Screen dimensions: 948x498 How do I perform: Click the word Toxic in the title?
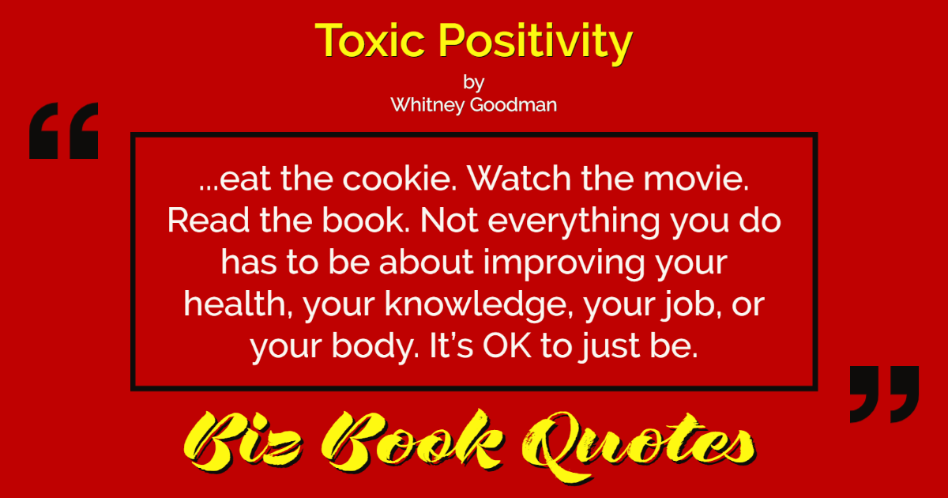coord(370,40)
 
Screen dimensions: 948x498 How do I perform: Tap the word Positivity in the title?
coord(536,43)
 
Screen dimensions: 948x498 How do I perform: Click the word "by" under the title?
coord(473,82)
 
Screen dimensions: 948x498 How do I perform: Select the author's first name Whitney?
coord(427,105)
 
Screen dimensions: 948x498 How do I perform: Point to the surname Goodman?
coord(513,104)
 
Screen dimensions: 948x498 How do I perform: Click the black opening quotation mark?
coord(63,131)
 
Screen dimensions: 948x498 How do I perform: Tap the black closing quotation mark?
coord(884,394)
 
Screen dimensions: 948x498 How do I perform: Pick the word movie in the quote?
coord(696,179)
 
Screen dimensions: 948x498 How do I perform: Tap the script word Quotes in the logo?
coord(639,446)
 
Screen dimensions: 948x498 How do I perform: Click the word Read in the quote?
coord(208,221)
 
